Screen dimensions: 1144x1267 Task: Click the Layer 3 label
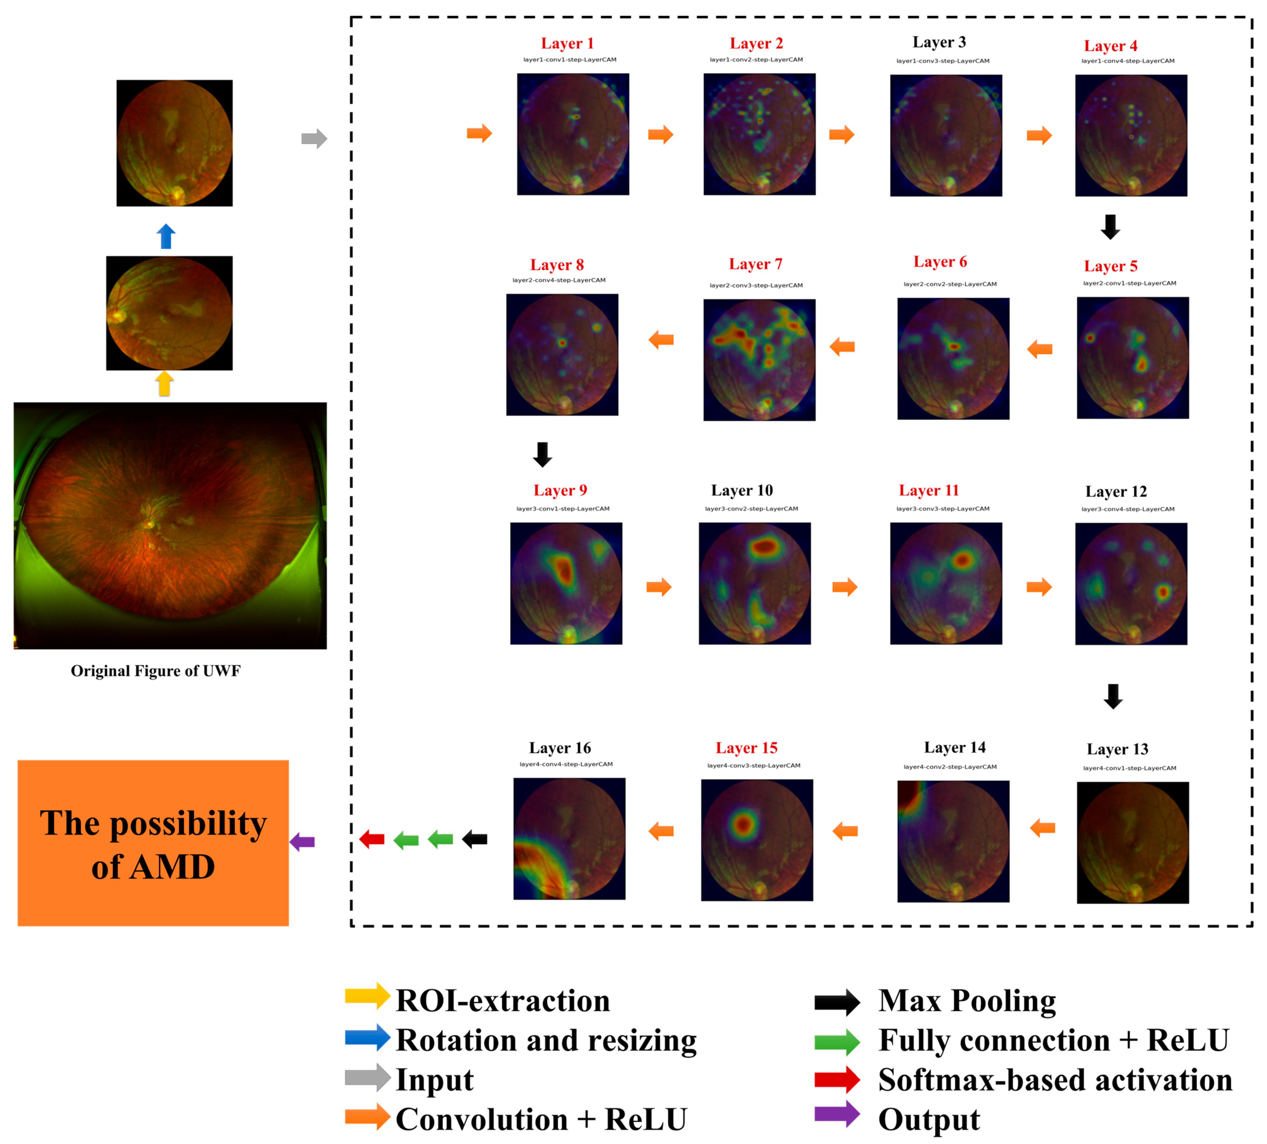click(x=939, y=42)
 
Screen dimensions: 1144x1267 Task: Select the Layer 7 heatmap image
click(x=759, y=360)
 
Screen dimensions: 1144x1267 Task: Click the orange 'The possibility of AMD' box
click(x=153, y=843)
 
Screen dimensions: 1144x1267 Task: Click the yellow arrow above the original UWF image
click(x=165, y=383)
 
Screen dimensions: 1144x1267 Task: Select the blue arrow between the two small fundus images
click(x=166, y=236)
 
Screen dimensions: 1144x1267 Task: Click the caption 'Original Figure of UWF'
click(x=155, y=671)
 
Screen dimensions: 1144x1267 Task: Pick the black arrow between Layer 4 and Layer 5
click(x=1110, y=227)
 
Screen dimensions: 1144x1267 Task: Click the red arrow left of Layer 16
click(x=372, y=839)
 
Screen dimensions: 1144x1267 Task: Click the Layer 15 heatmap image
click(x=757, y=840)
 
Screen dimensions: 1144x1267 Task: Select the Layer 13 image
click(x=1133, y=842)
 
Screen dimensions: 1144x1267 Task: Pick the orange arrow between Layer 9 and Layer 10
click(x=659, y=587)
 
